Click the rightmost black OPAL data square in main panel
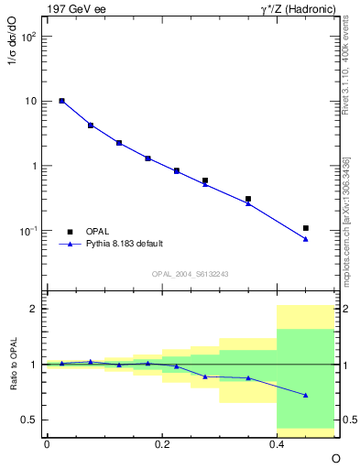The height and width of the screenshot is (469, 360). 306,228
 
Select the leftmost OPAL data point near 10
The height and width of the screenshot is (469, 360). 61,101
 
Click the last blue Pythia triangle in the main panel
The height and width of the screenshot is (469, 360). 306,239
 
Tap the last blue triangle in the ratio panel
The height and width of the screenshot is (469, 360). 306,395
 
